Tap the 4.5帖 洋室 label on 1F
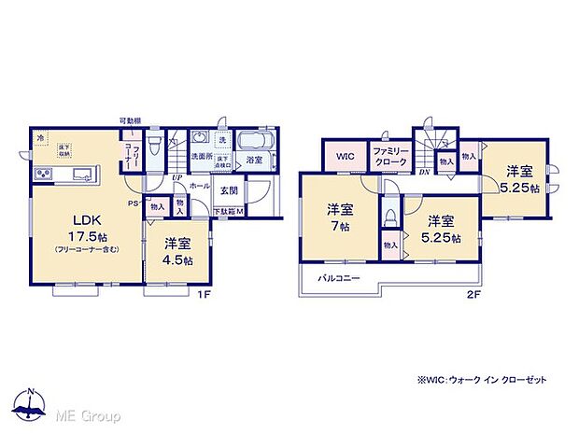point(176,253)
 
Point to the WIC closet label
point(345,156)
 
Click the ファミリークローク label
point(389,156)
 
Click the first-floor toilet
point(157,147)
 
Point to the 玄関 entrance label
point(227,190)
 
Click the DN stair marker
point(422,173)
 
